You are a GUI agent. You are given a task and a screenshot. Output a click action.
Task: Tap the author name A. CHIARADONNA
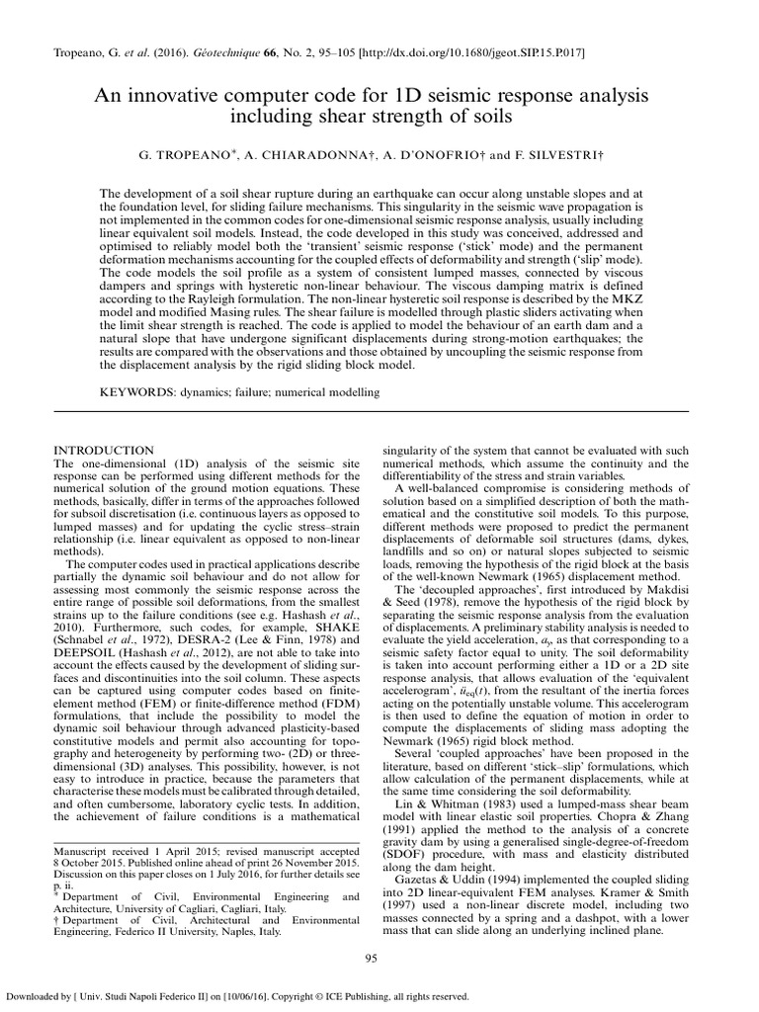click(x=317, y=156)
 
